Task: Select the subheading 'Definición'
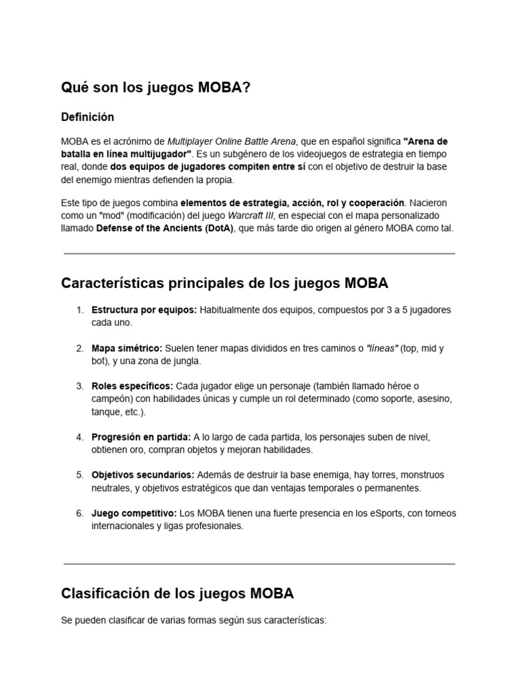pos(87,117)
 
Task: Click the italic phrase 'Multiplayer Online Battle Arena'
pos(231,141)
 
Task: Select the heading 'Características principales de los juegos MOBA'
pos(224,283)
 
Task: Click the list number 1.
pos(79,310)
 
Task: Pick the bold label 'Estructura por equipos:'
pos(144,310)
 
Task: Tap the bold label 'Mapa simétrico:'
pos(127,348)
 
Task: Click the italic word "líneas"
pos(382,348)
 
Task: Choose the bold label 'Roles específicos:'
pos(132,386)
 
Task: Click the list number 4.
pos(79,437)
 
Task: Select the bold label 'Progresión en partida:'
pos(141,437)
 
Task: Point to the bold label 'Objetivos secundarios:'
pos(143,475)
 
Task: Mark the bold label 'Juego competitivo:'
pos(134,513)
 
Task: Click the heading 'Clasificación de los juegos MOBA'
pos(177,594)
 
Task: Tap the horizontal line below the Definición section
pos(259,253)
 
